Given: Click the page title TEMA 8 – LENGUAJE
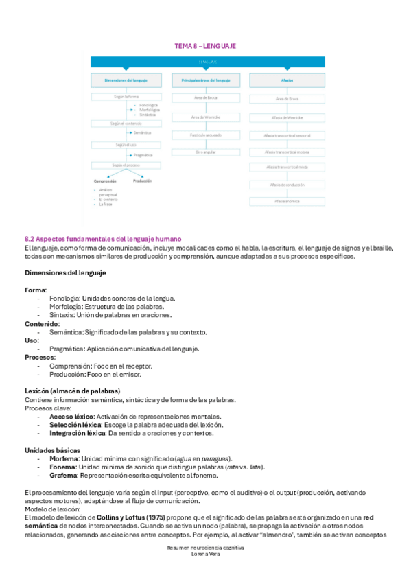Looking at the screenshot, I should pos(205,45).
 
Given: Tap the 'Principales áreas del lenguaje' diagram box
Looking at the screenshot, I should pos(205,81).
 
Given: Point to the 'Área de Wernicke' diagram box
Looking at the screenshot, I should pos(205,117).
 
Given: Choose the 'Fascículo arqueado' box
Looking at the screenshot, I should pos(205,135).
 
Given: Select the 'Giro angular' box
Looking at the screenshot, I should pos(205,152).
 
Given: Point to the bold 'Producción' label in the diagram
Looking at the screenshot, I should pos(142,181).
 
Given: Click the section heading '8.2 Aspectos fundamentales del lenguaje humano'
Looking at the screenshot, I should pos(102,237).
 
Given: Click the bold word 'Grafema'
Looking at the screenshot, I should pos(64,475).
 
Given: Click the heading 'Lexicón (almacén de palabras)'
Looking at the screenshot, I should pos(73,391).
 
